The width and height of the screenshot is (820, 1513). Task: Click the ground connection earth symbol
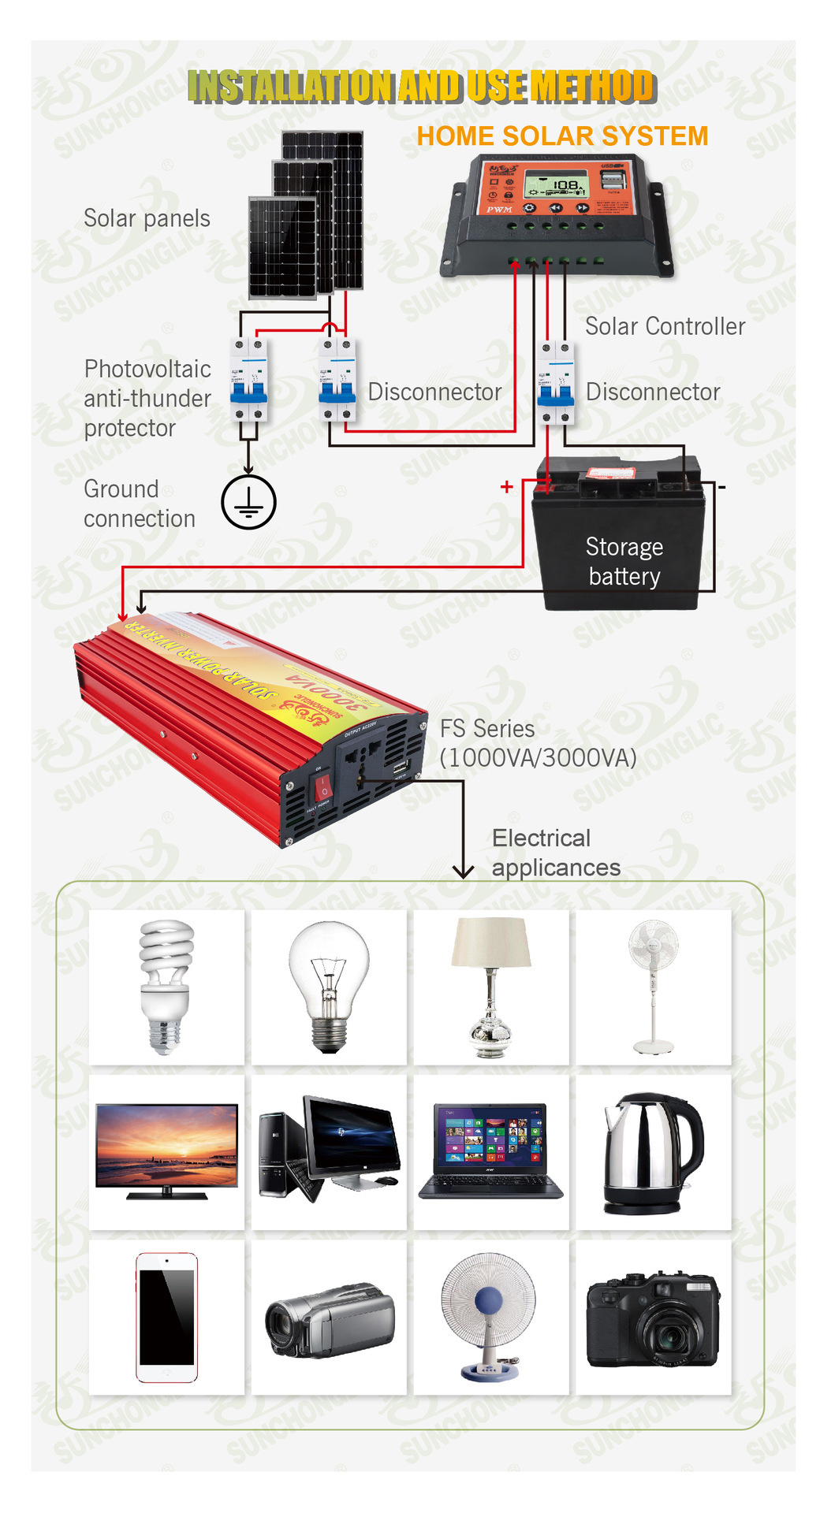tap(248, 502)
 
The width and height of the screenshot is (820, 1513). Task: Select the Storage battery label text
tap(624, 561)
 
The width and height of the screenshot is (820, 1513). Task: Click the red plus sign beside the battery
tap(506, 487)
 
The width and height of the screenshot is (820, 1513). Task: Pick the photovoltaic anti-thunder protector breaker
tap(248, 380)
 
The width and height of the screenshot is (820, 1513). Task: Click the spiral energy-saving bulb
tap(166, 986)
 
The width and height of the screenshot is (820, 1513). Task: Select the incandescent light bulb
tap(329, 986)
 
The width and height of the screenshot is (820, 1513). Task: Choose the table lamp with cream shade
tap(491, 986)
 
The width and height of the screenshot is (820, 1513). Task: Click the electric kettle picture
tap(652, 1153)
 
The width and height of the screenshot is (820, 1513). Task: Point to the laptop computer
tap(490, 1151)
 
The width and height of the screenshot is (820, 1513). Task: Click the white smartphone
tap(166, 1317)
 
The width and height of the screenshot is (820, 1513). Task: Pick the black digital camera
tap(653, 1320)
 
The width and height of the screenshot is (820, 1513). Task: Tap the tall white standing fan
tap(654, 986)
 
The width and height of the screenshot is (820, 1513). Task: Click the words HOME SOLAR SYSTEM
tap(562, 136)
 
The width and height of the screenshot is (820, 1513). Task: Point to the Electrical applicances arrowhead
tap(463, 871)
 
